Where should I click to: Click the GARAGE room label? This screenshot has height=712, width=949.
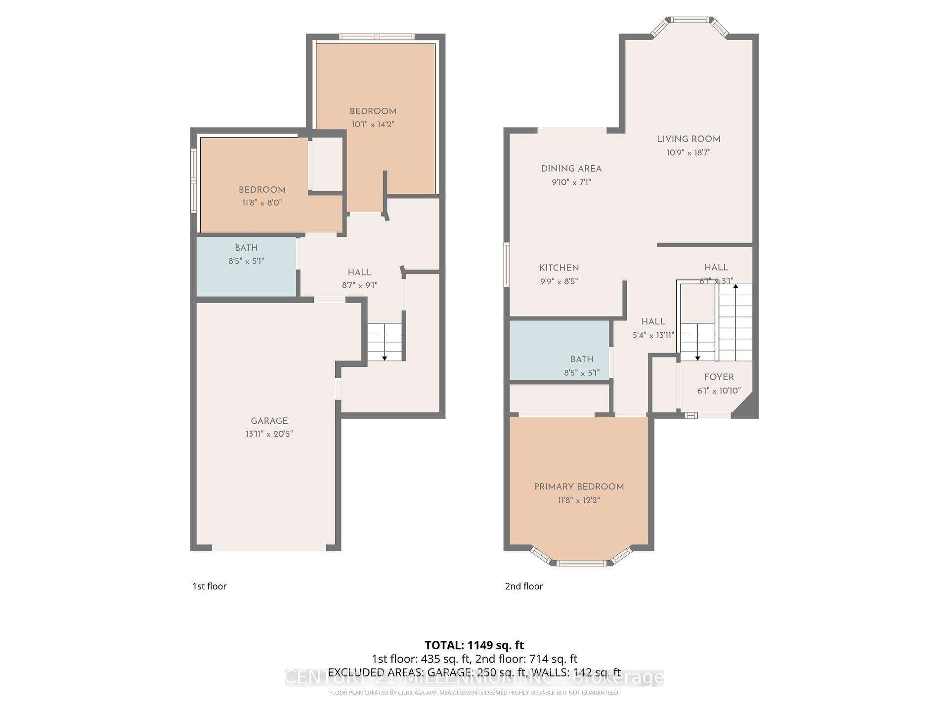269,421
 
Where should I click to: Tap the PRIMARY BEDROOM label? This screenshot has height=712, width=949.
578,487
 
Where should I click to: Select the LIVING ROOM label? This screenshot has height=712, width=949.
688,139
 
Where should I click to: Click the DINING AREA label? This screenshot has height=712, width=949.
571,169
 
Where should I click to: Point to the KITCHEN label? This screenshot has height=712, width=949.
559,267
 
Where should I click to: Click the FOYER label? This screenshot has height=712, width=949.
719,377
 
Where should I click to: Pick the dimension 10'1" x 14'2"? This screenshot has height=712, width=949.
373,125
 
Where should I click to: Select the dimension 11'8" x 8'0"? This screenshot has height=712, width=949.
262,203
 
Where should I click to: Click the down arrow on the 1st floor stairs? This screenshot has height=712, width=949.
385,357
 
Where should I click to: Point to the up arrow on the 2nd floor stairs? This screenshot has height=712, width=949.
735,287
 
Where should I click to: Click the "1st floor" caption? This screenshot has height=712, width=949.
209,586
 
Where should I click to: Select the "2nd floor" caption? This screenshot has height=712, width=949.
523,586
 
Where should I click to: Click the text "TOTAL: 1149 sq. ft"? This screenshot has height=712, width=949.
474,645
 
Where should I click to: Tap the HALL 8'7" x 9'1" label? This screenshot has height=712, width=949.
359,272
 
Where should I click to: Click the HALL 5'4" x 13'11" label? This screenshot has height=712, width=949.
653,321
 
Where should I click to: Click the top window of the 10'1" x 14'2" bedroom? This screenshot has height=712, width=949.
377,37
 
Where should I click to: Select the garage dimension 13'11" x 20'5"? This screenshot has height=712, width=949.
269,434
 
